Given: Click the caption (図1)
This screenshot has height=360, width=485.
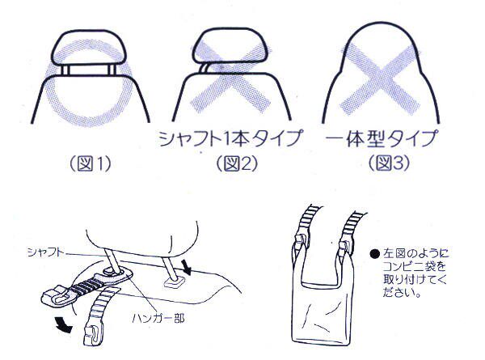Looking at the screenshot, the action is point(90,163).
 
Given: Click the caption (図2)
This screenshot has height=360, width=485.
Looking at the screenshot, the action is point(237,163).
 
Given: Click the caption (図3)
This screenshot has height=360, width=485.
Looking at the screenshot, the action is point(389,163).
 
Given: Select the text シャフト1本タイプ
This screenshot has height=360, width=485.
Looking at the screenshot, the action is point(230,138).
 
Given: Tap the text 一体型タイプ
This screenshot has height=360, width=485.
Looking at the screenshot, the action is point(382,138).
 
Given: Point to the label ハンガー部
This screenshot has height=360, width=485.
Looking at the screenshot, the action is point(158,318).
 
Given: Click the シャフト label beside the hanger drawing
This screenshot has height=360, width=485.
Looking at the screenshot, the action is point(46,252).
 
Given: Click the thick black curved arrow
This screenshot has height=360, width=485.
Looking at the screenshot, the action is point(63,325).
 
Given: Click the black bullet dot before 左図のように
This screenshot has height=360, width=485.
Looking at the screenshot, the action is point(374,254).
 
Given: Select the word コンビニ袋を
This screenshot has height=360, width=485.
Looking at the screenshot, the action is point(414,267).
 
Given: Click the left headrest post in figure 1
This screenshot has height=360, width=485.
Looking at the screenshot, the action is point(65,70).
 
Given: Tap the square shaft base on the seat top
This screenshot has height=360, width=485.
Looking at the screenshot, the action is point(173,282).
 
